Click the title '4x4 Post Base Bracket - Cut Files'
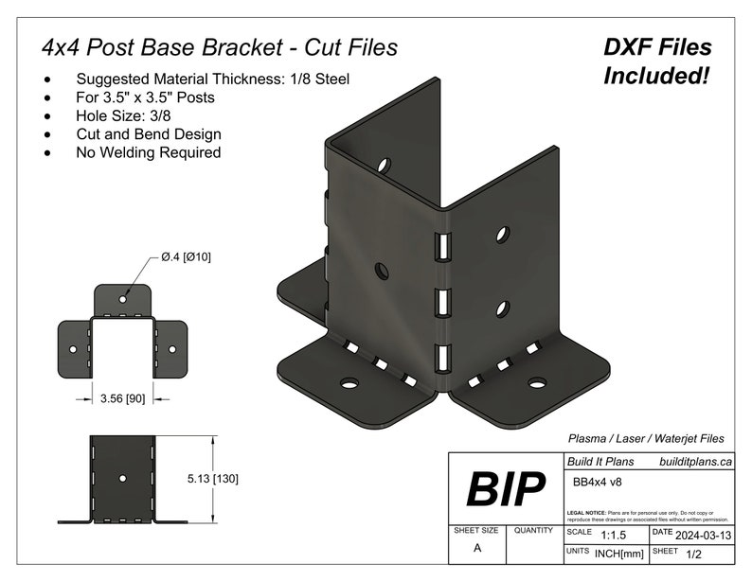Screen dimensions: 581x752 click(x=219, y=47)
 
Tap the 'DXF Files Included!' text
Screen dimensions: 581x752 click(x=657, y=62)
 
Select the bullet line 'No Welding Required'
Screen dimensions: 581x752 click(x=148, y=152)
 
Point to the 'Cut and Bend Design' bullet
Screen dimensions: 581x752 click(x=149, y=134)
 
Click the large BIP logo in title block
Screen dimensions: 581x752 click(x=506, y=490)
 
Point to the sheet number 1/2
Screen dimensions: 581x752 click(x=694, y=552)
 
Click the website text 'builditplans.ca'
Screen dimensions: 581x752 click(x=695, y=462)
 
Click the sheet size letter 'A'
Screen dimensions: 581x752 click(x=476, y=549)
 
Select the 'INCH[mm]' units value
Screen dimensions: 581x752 click(x=620, y=552)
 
